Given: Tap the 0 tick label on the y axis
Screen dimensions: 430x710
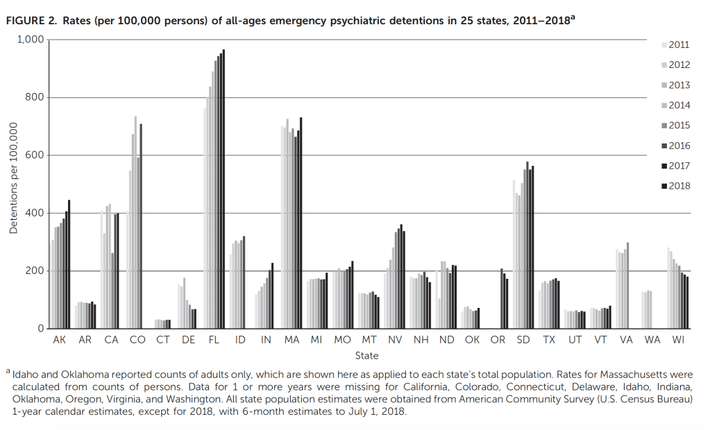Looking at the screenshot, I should click(42, 329).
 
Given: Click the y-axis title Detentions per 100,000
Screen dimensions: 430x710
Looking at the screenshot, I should click(13, 178).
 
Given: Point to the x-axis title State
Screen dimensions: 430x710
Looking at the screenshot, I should click(366, 356).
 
